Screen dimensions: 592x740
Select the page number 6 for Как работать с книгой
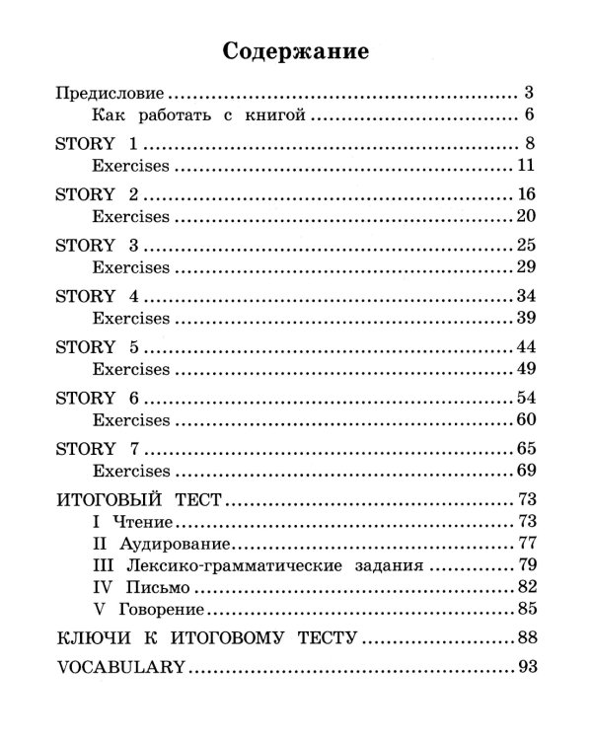[x=530, y=117]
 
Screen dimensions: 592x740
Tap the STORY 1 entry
[x=95, y=144]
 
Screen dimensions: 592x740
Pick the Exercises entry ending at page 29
[x=130, y=268]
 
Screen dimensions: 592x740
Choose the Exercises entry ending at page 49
[x=130, y=371]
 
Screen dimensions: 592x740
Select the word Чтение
[x=148, y=522]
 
